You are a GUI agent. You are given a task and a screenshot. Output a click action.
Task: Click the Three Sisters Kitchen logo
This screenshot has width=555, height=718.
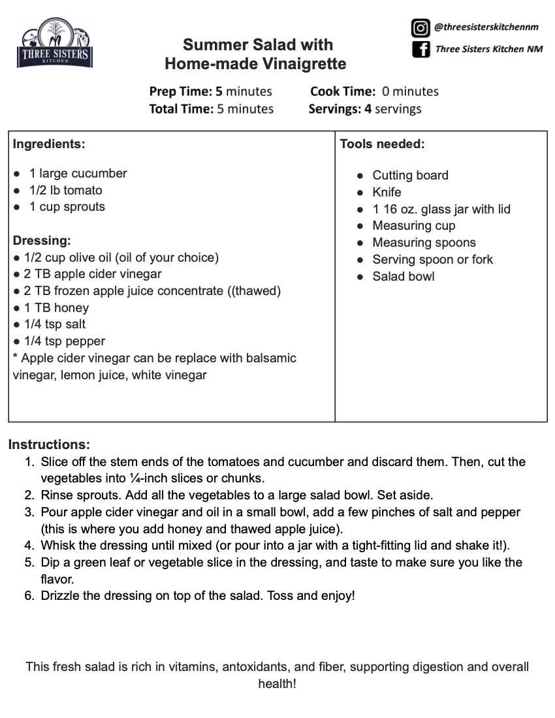click(x=55, y=44)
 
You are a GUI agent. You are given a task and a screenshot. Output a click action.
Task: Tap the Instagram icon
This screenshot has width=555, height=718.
click(x=420, y=28)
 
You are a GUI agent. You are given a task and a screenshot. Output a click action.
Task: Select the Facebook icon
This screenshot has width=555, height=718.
click(x=420, y=49)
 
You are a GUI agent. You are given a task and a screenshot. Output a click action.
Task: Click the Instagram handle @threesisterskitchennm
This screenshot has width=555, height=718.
click(x=486, y=27)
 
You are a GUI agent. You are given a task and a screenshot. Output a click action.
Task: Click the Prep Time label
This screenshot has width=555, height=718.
click(x=181, y=91)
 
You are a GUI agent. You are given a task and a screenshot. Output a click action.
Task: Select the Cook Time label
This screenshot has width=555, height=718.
click(x=343, y=91)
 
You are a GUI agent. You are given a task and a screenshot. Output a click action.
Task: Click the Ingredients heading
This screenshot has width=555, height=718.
click(x=49, y=144)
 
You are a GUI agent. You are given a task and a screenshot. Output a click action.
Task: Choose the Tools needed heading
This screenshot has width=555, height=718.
click(x=382, y=144)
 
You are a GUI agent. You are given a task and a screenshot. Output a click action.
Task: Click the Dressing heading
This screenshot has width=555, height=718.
click(x=42, y=240)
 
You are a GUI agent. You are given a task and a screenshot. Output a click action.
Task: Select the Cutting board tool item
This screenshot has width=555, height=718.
click(x=410, y=176)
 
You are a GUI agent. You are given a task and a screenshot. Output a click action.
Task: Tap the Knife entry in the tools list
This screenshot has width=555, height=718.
click(x=387, y=193)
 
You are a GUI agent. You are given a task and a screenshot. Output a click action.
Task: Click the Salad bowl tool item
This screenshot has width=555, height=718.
click(x=403, y=277)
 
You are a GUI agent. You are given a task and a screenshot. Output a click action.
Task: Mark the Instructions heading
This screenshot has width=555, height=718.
click(x=49, y=445)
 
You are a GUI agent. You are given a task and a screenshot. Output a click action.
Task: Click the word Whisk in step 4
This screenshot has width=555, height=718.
click(x=57, y=546)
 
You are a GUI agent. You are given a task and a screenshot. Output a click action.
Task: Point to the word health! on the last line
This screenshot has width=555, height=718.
click(x=277, y=684)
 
